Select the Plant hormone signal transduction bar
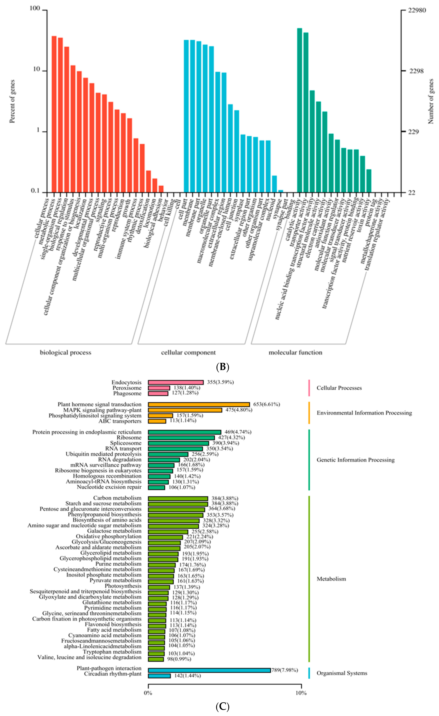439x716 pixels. [199, 404]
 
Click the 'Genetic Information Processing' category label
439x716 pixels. [355, 460]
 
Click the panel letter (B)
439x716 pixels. [223, 367]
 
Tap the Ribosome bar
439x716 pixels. [181, 438]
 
